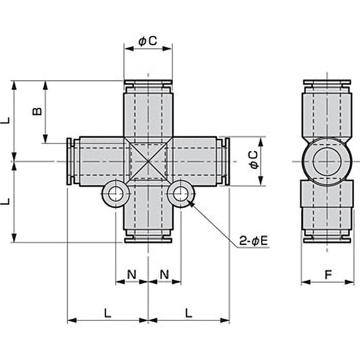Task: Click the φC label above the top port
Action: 148,41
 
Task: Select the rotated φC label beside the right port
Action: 254,161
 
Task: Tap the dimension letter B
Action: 37,111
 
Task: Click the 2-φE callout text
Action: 253,241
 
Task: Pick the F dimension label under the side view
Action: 328,274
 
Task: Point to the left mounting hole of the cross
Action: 116,194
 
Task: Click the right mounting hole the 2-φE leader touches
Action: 181,194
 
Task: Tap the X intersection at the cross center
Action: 148,161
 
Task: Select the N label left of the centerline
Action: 131,274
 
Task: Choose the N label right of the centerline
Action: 165,274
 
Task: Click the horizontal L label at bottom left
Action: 108,313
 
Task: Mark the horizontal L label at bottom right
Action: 189,313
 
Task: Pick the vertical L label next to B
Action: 5,121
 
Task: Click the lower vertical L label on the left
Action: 5,202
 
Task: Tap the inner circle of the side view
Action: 327,161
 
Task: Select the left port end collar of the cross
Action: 70,161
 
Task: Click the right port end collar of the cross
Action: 226,161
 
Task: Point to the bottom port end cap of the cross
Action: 148,238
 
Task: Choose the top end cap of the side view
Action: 327,83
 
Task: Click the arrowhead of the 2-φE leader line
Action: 190,203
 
